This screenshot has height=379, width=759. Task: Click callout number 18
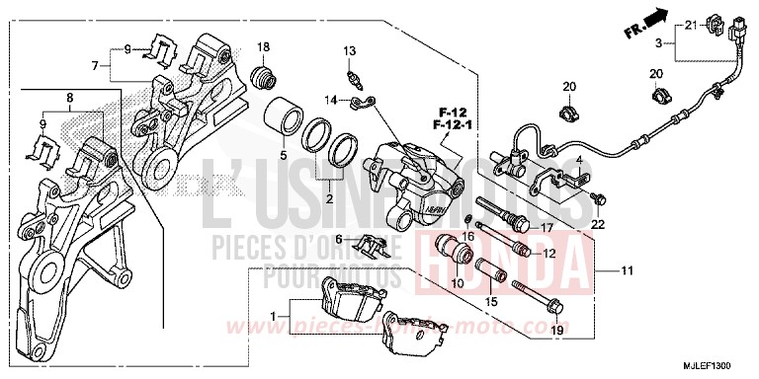pyautogui.click(x=264, y=47)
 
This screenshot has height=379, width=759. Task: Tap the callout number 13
pyautogui.click(x=349, y=51)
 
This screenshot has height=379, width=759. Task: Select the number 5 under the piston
pyautogui.click(x=282, y=154)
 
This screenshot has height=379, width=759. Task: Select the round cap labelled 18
pyautogui.click(x=264, y=76)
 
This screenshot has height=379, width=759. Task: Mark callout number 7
pyautogui.click(x=96, y=66)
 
